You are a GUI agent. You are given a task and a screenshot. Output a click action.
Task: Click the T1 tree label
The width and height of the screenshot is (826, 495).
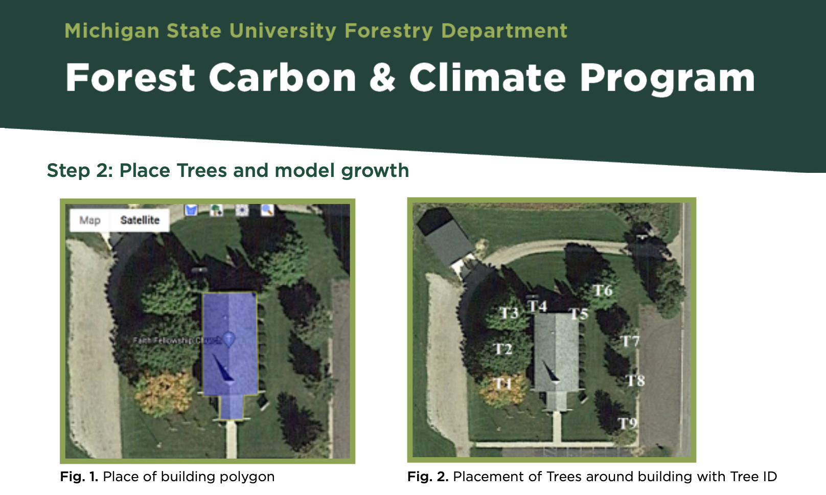point(502,384)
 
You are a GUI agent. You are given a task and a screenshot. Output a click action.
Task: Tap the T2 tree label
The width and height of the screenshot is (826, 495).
point(502,349)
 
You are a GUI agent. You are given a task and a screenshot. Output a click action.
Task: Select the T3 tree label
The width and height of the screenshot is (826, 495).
point(509,313)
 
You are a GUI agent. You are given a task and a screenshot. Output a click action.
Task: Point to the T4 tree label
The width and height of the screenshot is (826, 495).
point(537,306)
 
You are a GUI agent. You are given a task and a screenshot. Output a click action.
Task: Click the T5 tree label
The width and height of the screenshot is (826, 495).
point(579,313)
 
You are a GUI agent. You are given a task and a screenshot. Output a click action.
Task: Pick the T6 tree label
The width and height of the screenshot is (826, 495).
point(603,291)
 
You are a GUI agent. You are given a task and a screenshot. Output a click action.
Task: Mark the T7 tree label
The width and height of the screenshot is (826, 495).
point(630,341)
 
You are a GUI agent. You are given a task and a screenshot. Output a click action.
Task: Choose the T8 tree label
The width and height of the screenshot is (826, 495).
point(635,380)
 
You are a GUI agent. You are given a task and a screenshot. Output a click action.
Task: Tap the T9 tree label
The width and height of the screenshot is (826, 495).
point(628,423)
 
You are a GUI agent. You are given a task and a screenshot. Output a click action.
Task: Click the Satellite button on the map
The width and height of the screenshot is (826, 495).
point(140,220)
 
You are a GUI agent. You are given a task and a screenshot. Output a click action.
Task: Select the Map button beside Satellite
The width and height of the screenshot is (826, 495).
point(90,220)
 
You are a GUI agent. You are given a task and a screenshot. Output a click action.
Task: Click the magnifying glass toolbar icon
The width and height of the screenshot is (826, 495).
point(267,210)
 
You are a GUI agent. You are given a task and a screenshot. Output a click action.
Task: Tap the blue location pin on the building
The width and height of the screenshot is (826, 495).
point(229,339)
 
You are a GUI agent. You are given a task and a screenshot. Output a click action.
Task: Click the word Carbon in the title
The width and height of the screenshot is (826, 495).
point(282,78)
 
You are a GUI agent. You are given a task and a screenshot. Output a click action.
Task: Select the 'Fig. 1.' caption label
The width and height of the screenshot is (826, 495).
point(79,477)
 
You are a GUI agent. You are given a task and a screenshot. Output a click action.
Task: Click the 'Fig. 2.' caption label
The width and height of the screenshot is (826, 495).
point(427,477)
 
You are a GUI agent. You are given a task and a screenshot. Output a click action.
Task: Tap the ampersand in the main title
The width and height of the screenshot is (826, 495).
point(382,78)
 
